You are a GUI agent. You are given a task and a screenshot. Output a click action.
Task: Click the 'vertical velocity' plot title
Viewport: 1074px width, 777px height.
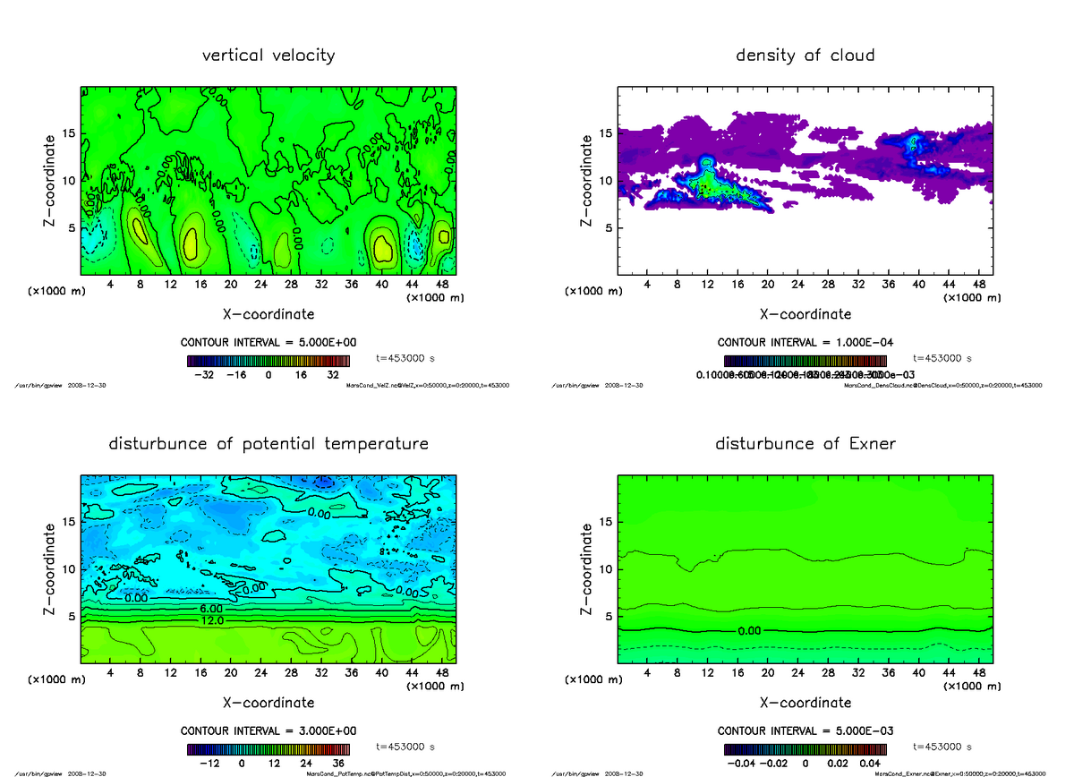[x=268, y=55]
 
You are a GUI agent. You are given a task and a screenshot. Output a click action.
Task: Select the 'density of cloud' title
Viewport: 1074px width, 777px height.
[x=805, y=55]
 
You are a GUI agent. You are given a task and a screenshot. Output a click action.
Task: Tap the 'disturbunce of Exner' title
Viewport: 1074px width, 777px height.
[x=805, y=444]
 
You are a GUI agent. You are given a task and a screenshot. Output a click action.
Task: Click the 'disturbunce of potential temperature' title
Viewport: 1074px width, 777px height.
[x=268, y=444]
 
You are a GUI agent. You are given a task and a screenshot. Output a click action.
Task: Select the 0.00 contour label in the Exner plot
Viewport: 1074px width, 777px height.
[x=750, y=631]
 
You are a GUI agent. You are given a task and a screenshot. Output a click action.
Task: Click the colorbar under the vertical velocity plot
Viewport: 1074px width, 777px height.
[x=268, y=361]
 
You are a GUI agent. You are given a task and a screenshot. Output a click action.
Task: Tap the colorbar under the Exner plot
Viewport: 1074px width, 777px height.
[x=805, y=749]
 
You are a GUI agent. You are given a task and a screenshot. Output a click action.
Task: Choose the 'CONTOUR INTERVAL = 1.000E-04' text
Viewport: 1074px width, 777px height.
[x=805, y=343]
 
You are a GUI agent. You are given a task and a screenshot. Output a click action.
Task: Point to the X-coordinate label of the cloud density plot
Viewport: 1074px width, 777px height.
[x=805, y=314]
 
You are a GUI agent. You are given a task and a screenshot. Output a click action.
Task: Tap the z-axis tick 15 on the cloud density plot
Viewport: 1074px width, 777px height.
[x=606, y=134]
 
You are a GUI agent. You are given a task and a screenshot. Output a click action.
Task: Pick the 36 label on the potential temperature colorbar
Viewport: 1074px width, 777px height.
[x=340, y=764]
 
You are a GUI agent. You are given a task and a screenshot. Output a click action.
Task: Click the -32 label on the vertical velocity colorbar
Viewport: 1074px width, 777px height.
[x=203, y=376]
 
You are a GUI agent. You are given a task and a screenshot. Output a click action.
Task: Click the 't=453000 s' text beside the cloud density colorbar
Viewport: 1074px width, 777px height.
[x=942, y=358]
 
